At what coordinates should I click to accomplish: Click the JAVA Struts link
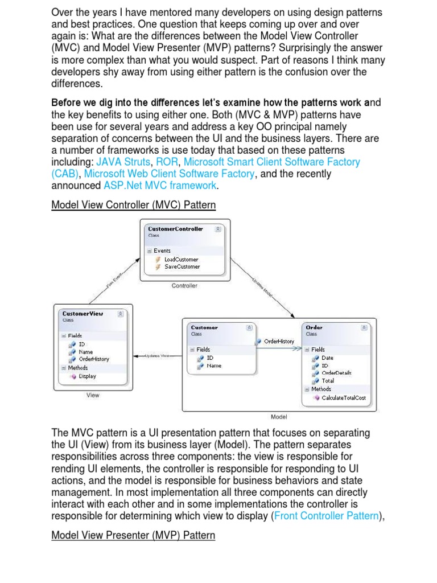click(123, 162)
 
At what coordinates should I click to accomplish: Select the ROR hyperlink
click(167, 162)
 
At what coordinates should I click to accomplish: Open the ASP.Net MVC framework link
click(160, 186)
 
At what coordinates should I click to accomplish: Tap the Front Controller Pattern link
click(325, 516)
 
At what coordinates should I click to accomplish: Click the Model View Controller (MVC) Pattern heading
click(133, 205)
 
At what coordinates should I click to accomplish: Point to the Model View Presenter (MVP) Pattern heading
click(133, 536)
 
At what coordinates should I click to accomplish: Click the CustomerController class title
click(175, 229)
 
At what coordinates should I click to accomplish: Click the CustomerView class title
click(83, 313)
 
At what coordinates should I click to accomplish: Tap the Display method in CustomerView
click(87, 376)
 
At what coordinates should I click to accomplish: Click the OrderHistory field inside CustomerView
click(94, 359)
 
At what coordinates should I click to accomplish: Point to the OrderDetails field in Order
click(336, 373)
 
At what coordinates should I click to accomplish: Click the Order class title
click(314, 327)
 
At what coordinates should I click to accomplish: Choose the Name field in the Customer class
click(214, 366)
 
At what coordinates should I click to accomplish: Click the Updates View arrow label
click(157, 356)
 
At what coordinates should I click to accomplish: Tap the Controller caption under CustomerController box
click(184, 286)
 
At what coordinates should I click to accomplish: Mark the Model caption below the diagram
click(279, 417)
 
